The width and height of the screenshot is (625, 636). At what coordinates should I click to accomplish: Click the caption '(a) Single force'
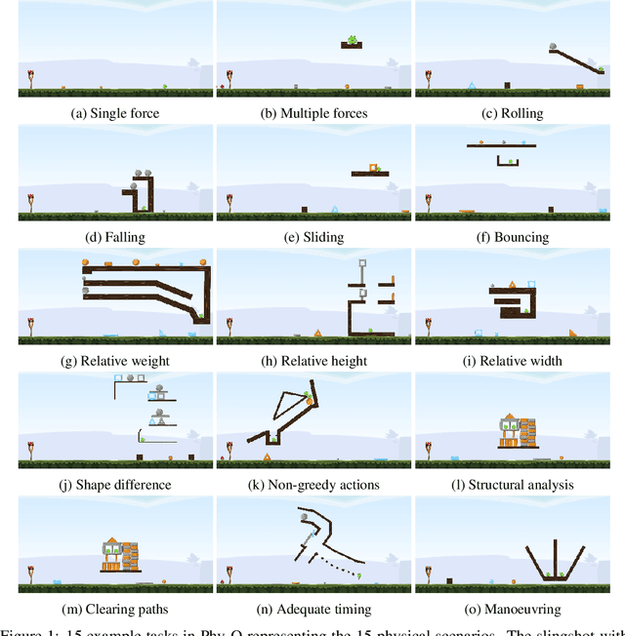tap(115, 113)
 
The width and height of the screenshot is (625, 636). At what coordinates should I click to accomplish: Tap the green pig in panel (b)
tap(352, 40)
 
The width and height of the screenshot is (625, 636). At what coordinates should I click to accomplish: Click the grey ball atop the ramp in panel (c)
tap(555, 46)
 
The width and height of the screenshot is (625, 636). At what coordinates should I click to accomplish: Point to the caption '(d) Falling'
tap(115, 237)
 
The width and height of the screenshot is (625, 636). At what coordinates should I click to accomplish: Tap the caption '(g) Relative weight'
tap(115, 361)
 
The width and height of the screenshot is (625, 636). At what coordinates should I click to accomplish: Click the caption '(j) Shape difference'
tap(115, 485)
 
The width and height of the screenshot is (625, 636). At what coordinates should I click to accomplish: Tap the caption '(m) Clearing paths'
tap(115, 609)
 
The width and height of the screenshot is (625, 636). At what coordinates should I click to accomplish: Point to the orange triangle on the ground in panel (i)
tap(571, 334)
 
